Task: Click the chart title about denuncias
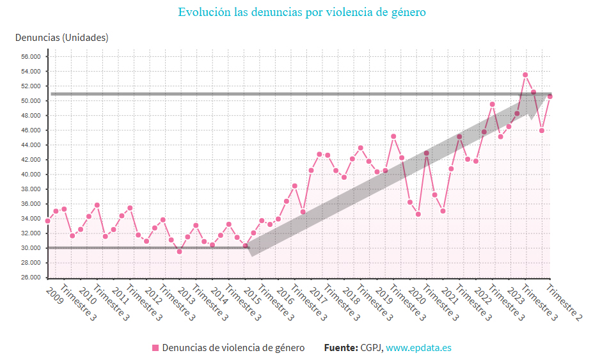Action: tap(302, 13)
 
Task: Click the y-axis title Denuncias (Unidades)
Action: tap(62, 38)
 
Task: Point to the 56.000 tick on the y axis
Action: tap(30, 56)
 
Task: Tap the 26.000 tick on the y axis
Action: tap(30, 278)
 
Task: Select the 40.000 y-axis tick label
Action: tap(30, 175)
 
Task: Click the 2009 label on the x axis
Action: tap(56, 295)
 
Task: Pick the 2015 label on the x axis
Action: tap(253, 295)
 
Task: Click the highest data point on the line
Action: tap(525, 75)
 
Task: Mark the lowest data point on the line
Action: tap(179, 251)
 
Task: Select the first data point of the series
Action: tap(47, 221)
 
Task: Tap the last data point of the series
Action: tap(550, 97)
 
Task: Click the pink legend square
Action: tap(155, 348)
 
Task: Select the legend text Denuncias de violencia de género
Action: tap(233, 348)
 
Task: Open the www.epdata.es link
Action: tap(418, 348)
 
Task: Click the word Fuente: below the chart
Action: tap(340, 348)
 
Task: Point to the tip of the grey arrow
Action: tap(548, 95)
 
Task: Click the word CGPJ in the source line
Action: tap(370, 348)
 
